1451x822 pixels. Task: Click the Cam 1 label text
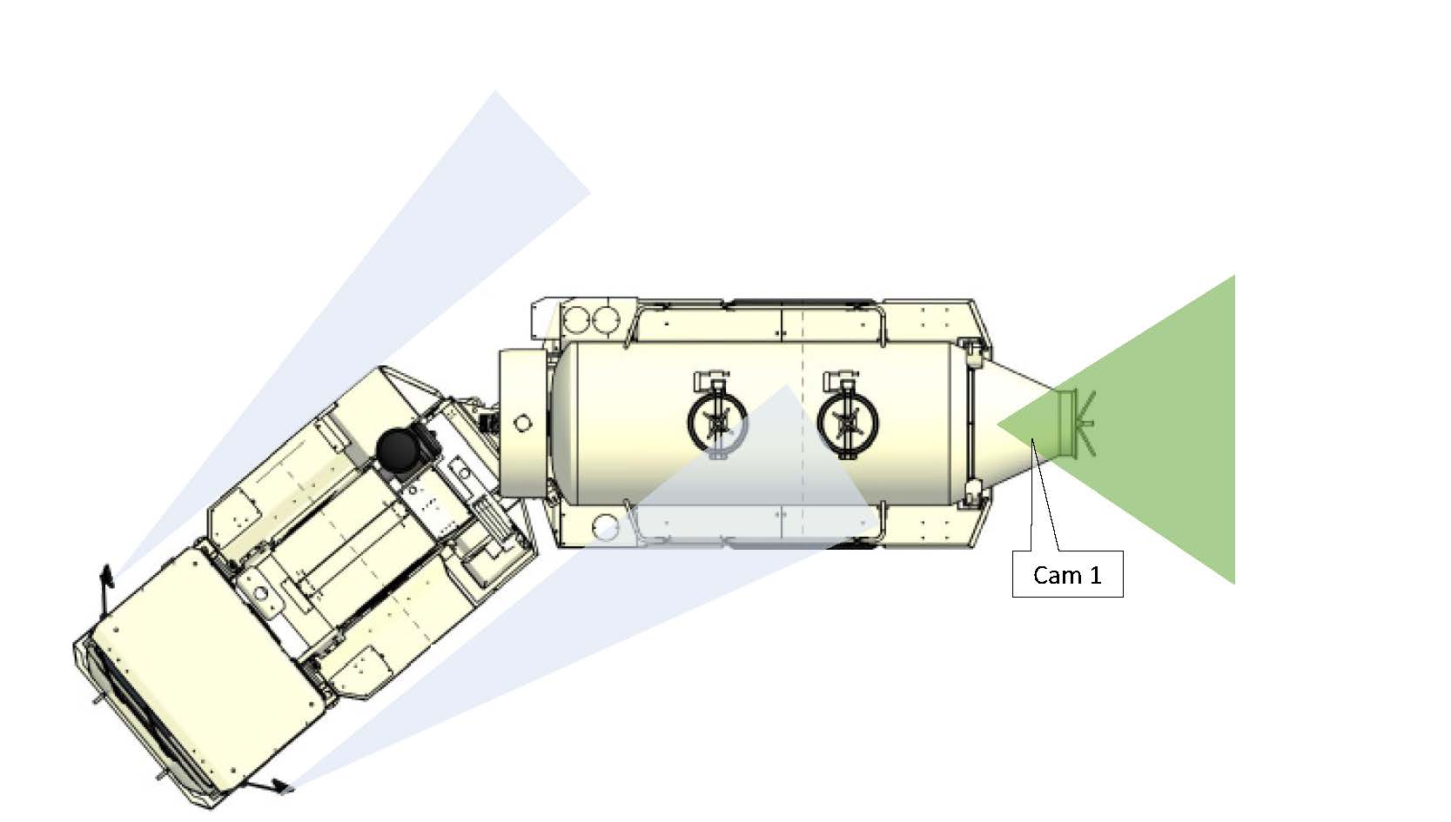pyautogui.click(x=1067, y=575)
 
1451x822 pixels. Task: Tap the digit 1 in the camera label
pyautogui.click(x=1095, y=575)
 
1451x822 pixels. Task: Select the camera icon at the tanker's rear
pyautogui.click(x=1075, y=424)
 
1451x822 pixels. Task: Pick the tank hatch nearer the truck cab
pyautogui.click(x=716, y=421)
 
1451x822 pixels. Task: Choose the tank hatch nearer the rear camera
pyautogui.click(x=848, y=421)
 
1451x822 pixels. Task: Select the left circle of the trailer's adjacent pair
pyautogui.click(x=574, y=320)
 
